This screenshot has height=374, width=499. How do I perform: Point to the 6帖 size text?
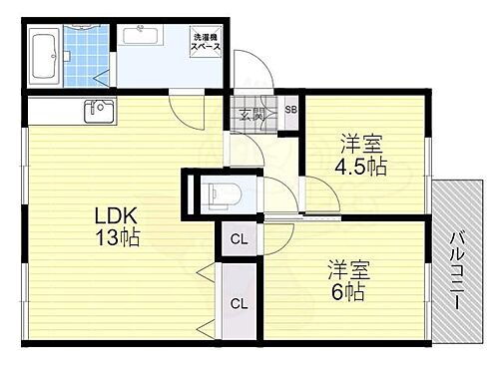347,293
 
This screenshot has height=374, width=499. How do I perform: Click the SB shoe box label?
290,110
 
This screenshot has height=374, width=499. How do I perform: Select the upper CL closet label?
240,239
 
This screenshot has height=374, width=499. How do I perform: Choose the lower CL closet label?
240,303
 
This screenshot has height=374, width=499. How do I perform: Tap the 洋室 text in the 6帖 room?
347,268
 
